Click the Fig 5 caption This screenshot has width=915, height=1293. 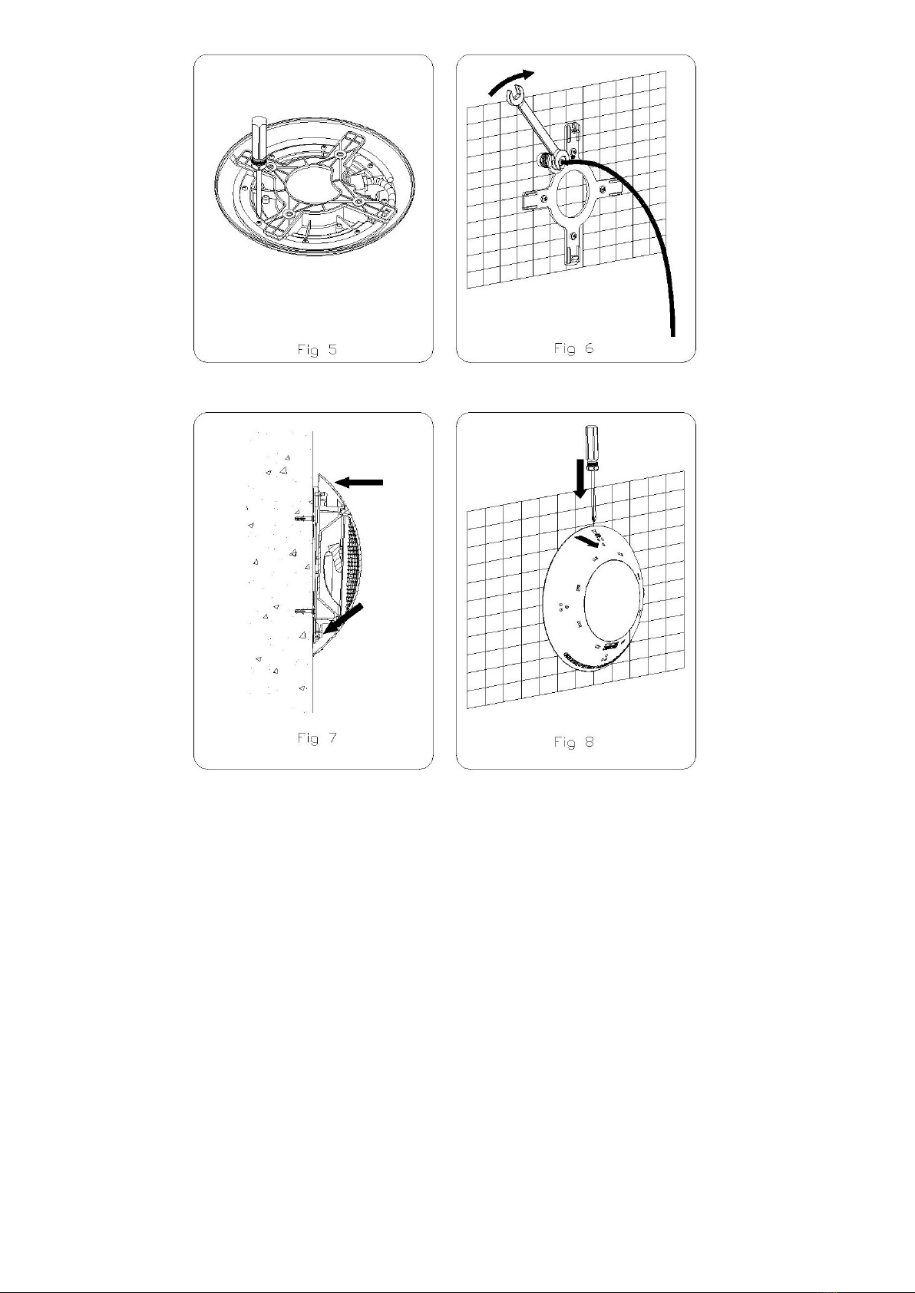[317, 350]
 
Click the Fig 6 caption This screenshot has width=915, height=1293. [573, 348]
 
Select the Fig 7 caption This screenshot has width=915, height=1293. [317, 738]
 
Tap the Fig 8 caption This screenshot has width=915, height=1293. [573, 742]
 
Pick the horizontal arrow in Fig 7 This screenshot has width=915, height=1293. [359, 482]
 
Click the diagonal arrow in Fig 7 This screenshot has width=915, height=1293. [344, 618]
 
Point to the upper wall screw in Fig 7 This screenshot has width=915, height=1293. [305, 519]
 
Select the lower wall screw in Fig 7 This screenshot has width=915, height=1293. [305, 610]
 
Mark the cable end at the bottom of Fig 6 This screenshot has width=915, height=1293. [672, 334]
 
